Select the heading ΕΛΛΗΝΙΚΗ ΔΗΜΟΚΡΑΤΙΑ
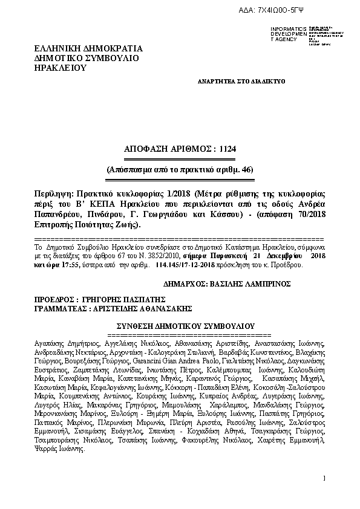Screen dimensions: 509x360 coord(88,48)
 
